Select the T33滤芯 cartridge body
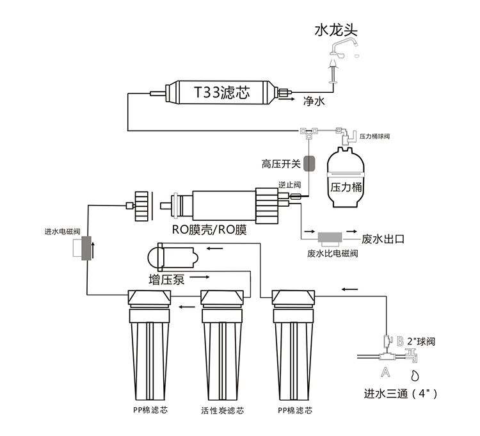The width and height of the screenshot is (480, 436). pos(221,93)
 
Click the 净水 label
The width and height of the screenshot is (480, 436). pos(314,101)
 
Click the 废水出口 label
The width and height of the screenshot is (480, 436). pos(383,239)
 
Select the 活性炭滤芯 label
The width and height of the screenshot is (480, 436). pos(222,410)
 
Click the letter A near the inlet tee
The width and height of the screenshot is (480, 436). pos(386,371)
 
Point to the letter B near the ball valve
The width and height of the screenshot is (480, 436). pos(401,341)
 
